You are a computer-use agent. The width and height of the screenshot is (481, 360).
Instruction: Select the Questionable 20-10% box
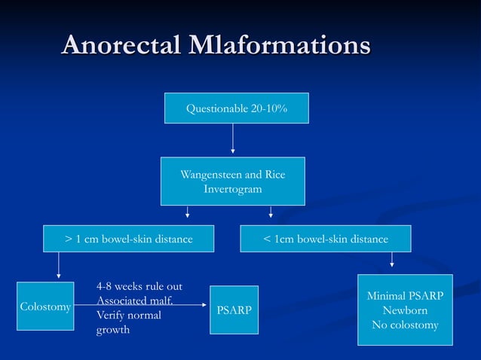pos(236,109)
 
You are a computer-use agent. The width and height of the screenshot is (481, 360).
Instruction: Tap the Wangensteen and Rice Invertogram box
pos(232,181)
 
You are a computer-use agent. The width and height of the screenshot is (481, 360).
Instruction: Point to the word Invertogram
pos(232,189)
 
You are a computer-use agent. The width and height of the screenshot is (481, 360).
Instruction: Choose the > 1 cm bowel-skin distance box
pos(128,239)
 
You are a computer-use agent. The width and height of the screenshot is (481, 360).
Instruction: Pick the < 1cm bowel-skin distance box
pos(326,239)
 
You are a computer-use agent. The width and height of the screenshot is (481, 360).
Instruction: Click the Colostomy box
pos(45,307)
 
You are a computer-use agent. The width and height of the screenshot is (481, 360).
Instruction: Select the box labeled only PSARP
pos(234,310)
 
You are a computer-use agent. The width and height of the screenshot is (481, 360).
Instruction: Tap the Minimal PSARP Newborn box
pos(405,310)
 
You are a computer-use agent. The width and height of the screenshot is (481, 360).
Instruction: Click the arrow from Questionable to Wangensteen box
pos(232,139)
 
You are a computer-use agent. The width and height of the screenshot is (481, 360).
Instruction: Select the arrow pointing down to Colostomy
pos(59,266)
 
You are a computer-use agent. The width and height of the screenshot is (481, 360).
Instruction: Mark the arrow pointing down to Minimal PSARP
pos(392,260)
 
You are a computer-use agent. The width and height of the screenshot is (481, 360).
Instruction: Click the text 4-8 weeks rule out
pos(139,287)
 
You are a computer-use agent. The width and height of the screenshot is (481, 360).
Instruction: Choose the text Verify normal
pos(129,315)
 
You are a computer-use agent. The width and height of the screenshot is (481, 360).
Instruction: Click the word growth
pos(113,329)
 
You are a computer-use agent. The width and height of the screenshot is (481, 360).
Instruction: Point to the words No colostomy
pos(405,325)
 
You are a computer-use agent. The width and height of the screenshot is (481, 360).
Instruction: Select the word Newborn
pos(405,310)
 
